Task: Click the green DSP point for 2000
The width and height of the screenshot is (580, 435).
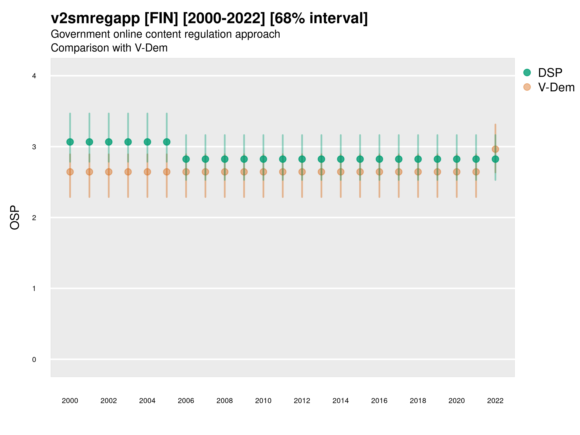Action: tap(70, 142)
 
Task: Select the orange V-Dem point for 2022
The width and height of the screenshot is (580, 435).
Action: tap(495, 149)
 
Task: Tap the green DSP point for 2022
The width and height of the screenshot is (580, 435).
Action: tap(495, 159)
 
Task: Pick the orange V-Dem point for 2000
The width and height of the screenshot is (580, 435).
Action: tap(70, 172)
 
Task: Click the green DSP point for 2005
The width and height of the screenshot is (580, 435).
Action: tap(167, 142)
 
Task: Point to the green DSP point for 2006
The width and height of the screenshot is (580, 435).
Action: tap(186, 159)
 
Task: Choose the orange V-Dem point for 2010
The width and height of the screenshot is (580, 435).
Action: tap(263, 172)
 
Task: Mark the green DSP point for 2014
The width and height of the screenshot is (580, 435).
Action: tap(341, 159)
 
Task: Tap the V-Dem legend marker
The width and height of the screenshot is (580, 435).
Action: tap(527, 87)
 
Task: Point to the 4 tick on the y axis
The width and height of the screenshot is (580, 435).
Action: tap(34, 76)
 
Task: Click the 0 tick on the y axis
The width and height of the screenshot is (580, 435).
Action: tap(34, 360)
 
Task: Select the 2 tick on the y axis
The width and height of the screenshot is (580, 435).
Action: tap(34, 218)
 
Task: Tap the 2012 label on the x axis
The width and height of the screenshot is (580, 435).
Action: tap(302, 401)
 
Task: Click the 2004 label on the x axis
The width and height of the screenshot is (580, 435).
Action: tap(147, 401)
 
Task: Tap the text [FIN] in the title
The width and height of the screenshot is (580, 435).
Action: tap(161, 18)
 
